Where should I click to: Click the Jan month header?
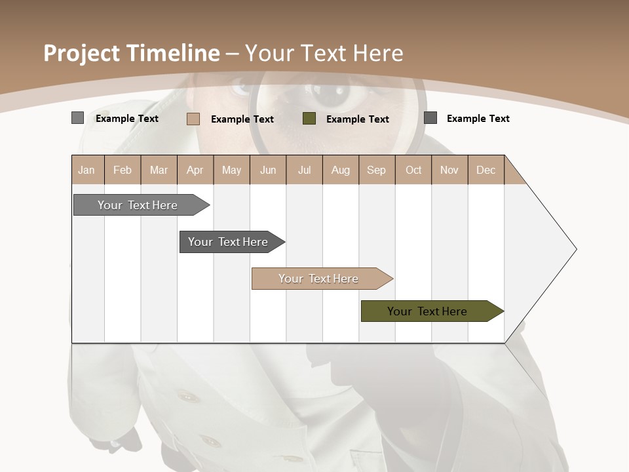point(87,170)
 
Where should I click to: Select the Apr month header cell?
point(195,170)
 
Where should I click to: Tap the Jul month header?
point(304,170)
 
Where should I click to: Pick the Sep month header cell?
point(377,170)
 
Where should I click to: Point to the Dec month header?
point(486,170)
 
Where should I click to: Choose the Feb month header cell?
point(123,170)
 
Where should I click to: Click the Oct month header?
point(413,170)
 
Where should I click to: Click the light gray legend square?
point(77,118)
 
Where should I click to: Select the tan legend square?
point(193,119)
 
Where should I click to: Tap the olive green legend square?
point(309,119)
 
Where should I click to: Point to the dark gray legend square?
point(430,118)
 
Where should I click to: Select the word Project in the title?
point(82,53)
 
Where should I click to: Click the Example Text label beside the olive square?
point(357,119)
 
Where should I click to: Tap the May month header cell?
point(231,170)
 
